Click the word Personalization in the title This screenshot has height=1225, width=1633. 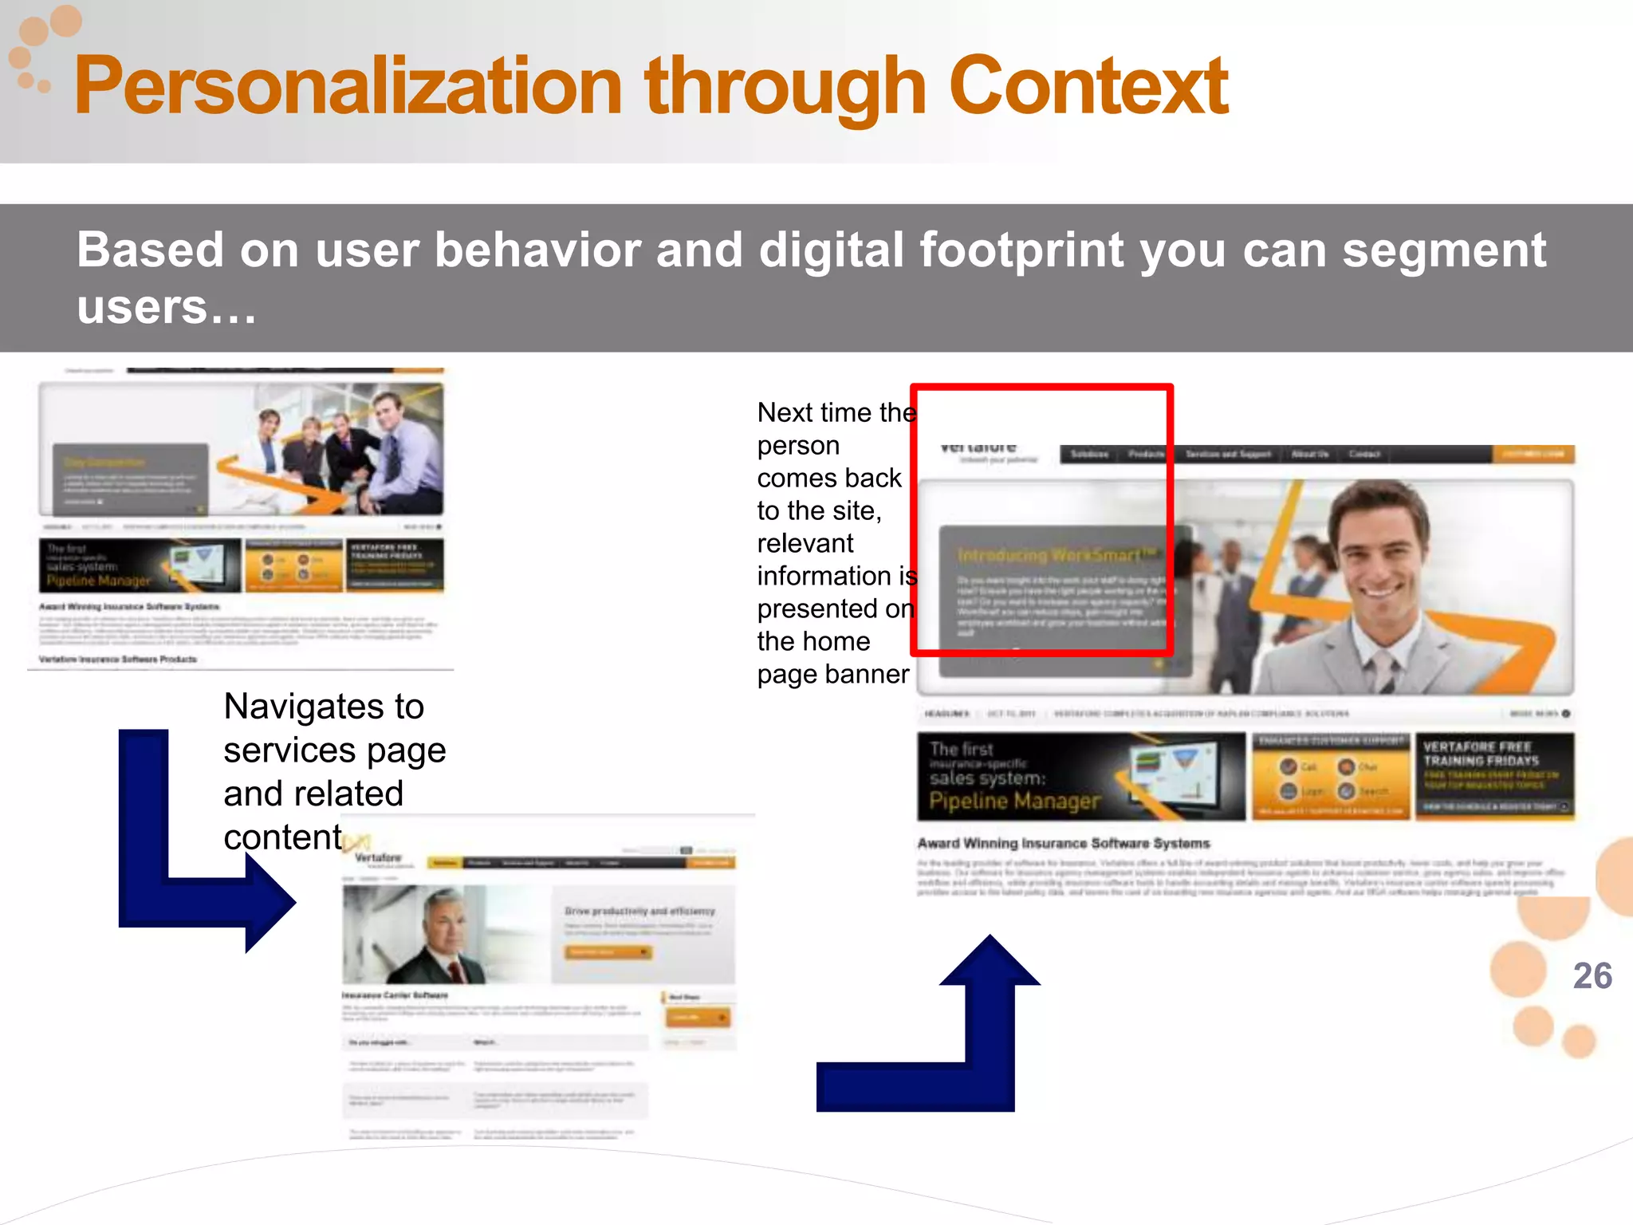[x=347, y=86]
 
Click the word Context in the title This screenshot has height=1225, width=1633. [x=1088, y=86]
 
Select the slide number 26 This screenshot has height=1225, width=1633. [x=1592, y=976]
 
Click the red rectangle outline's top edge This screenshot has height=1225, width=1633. [x=1041, y=388]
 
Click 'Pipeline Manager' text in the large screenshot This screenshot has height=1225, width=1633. [x=1014, y=801]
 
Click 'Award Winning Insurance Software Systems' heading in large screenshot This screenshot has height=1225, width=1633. [x=1063, y=843]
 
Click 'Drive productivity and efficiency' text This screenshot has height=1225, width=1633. [x=639, y=911]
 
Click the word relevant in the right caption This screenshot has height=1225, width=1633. [x=805, y=544]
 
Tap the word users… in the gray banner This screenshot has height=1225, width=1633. [x=166, y=308]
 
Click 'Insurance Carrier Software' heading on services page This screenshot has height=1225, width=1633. [x=395, y=995]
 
